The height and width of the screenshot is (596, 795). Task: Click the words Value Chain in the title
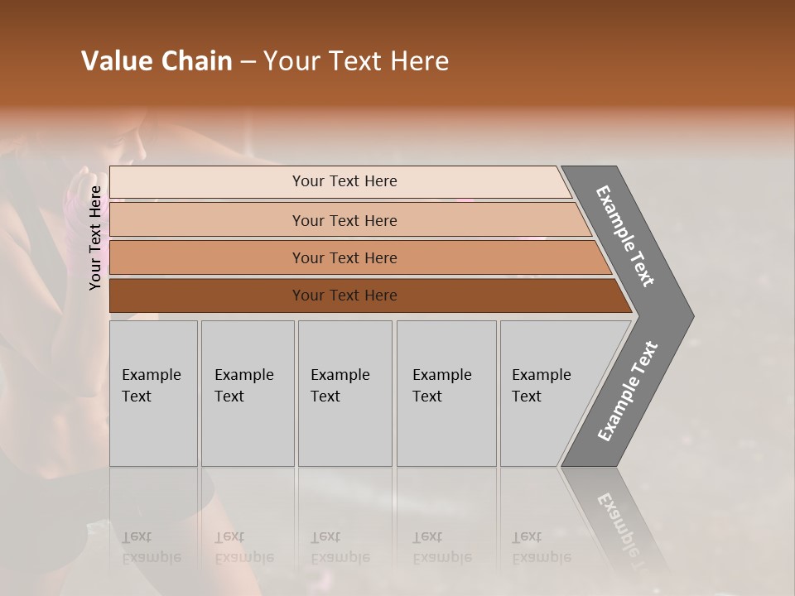pos(157,61)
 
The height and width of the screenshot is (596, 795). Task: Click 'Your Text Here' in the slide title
pos(356,61)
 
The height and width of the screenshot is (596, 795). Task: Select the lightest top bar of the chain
pos(207,182)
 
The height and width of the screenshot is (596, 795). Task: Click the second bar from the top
pos(207,220)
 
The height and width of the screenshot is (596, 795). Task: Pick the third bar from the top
pos(207,257)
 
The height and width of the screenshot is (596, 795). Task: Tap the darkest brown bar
pos(207,296)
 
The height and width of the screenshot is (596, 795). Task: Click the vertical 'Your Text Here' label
pos(95,238)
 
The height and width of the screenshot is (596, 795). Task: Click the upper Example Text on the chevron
pos(625,236)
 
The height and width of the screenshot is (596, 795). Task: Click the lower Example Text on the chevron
pos(628,392)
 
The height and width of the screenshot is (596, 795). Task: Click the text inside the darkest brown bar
pos(344,296)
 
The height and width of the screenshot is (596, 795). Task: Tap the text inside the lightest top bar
pos(344,181)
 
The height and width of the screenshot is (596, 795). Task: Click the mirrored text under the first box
pos(151,547)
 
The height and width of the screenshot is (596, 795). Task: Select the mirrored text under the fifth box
pos(541,547)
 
